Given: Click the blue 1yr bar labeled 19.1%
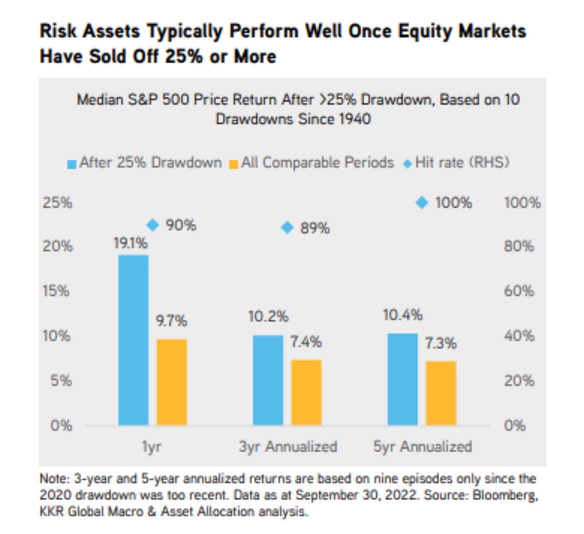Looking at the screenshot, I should coord(133,340).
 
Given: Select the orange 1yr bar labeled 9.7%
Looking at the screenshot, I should coord(172,382).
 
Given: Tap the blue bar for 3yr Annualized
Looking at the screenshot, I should coord(268,380).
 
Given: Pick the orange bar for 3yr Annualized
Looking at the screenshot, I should coord(306,392).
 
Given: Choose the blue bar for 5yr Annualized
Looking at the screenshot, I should coord(402,379).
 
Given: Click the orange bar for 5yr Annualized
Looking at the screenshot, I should coord(441,393).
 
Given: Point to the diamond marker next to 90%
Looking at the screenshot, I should coord(153,225).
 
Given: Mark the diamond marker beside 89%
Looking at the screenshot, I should coord(287,228).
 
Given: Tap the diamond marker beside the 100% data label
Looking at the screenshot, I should coord(422,202).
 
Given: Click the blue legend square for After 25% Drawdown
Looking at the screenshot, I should coord(72,164).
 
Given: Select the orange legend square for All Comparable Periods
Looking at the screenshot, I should coord(233,164).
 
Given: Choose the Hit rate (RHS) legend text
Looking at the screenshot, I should coord(462,163).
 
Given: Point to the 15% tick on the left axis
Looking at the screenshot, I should coord(56,291).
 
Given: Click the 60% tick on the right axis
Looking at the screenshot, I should coord(519,291).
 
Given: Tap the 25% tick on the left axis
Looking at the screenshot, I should coord(57,203).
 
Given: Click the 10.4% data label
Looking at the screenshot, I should coord(402,315).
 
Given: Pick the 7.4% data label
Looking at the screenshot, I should coord(306,342).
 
